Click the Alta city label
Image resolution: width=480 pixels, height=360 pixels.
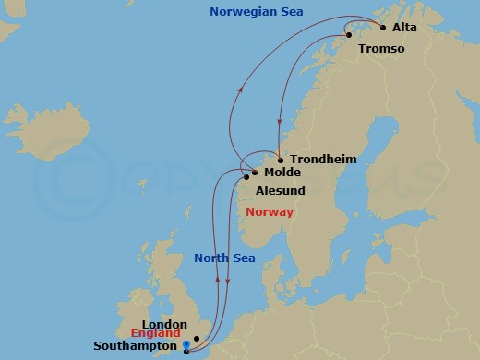tap(405, 28)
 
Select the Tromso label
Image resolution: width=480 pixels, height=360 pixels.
tap(380, 49)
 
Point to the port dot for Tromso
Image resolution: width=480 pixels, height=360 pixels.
tap(349, 36)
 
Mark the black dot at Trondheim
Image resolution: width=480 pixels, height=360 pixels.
tap(281, 160)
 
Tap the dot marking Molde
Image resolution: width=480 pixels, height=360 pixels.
tap(255, 172)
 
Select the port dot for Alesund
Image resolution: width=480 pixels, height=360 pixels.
tap(246, 177)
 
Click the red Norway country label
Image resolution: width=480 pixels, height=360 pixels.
tap(270, 212)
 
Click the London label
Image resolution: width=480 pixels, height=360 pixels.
tap(166, 325)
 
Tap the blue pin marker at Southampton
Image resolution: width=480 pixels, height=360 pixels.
tap(186, 347)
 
